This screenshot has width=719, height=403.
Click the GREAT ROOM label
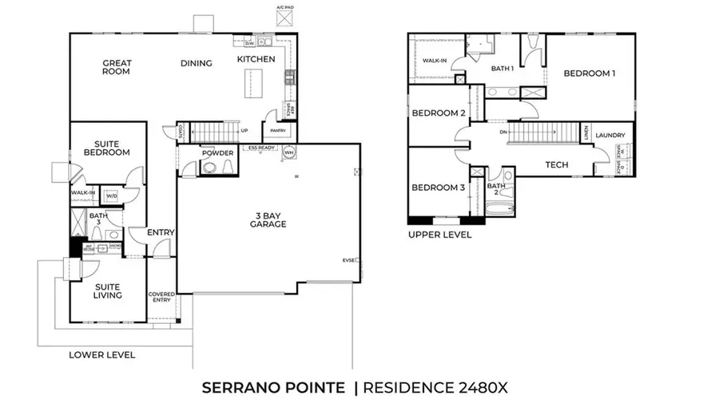coord(117,67)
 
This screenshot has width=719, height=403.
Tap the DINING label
coord(196,64)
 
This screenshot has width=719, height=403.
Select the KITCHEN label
coord(256,59)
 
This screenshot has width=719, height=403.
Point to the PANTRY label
coord(278,130)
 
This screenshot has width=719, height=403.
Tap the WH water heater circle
coord(289,152)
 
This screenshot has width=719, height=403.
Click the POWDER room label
coord(216,153)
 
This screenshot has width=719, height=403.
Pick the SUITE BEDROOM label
coord(108,148)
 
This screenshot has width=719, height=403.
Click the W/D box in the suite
coord(111,195)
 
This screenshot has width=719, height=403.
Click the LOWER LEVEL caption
coord(101,354)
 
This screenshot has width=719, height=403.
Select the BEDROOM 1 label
coord(590,73)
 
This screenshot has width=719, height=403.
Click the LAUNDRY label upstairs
coord(610,136)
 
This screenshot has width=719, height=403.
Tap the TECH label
coord(556,165)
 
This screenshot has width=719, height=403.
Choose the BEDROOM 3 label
coord(438,188)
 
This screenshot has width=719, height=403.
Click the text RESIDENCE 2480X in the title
coord(435,388)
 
